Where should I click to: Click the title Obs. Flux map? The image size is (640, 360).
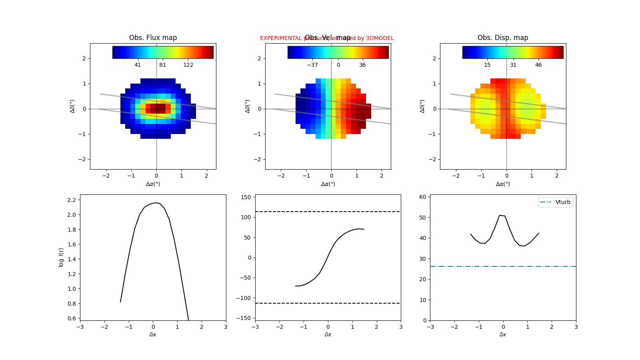[153, 38]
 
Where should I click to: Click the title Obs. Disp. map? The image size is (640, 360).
[503, 38]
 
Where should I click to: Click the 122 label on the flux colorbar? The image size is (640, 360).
[188, 65]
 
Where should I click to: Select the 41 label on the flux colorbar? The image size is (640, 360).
[138, 65]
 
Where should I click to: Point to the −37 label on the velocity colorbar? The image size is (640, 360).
[312, 65]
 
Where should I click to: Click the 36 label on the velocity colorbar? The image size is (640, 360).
[362, 65]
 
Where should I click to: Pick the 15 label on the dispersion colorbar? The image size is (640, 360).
[487, 65]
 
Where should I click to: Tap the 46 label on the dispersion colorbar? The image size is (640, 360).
[538, 65]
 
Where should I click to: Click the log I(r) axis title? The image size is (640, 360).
[61, 257]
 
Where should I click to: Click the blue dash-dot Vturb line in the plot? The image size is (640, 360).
[480, 266]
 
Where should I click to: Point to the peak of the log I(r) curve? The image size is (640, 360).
[155, 203]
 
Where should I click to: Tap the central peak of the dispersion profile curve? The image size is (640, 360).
[500, 215]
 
